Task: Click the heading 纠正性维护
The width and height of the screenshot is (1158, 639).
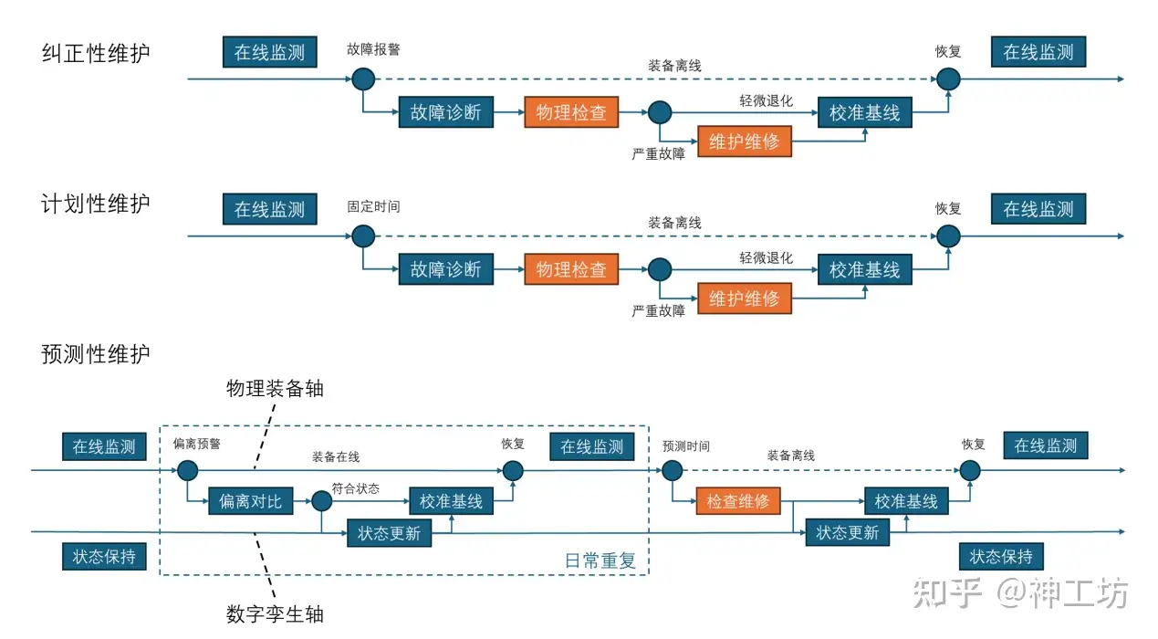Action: click(x=96, y=53)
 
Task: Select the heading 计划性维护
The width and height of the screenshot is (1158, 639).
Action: click(x=96, y=204)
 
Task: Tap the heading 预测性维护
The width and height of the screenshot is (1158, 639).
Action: click(x=96, y=354)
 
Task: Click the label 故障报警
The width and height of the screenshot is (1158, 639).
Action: click(x=373, y=49)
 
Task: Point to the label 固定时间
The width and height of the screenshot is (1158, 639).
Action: click(x=373, y=207)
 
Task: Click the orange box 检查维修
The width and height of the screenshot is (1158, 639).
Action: click(x=738, y=501)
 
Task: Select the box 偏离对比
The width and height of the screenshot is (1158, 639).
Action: click(x=251, y=501)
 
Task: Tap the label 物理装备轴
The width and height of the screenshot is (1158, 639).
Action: click(x=275, y=388)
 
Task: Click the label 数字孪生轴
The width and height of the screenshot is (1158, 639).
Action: click(x=275, y=614)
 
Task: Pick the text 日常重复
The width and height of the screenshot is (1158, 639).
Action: click(x=600, y=560)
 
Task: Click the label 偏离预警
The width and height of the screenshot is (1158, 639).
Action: click(x=196, y=444)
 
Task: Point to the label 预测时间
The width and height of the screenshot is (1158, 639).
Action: click(x=686, y=446)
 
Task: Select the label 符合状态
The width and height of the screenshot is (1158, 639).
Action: click(x=356, y=488)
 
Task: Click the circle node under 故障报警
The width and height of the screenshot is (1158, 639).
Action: click(x=363, y=79)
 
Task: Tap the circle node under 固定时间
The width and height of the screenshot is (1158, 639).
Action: click(x=363, y=236)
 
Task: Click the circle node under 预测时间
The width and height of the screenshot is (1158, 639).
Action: click(x=672, y=470)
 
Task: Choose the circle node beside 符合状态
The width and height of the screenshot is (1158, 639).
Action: click(x=321, y=501)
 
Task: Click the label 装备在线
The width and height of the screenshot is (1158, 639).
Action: click(x=336, y=457)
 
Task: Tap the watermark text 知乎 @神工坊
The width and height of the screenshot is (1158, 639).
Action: click(x=1020, y=593)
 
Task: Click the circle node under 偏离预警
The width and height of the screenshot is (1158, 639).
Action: click(x=188, y=471)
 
